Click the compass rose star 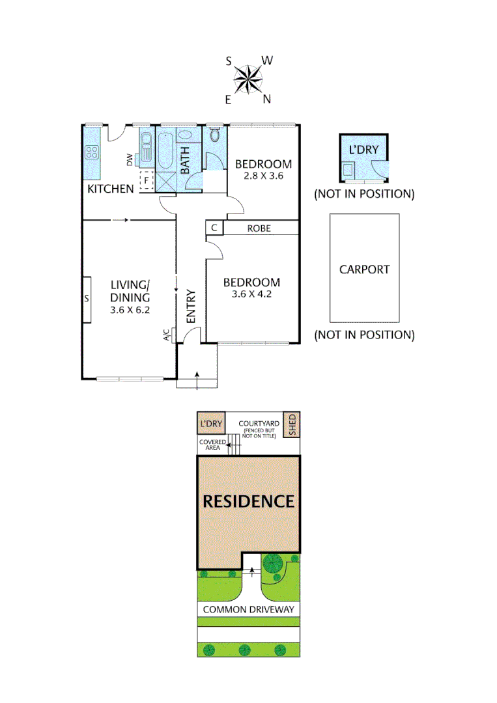coord(248,80)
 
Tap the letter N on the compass coord(266,99)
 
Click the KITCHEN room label coord(111,189)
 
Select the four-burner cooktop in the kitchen coord(92,154)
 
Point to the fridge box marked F coord(147,179)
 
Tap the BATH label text coord(185,159)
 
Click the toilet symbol coord(216,135)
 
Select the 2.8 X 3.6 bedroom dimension coord(263,176)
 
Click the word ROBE coord(259,228)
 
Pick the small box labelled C coord(214,228)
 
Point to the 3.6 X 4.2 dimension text coord(251,294)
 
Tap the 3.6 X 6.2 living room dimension coord(130,310)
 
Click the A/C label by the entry coord(166,335)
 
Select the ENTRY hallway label coord(191,306)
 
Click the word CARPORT coord(364,269)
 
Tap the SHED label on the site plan coord(292,425)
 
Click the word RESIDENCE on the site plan coord(248,501)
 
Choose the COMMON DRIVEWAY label coord(248,610)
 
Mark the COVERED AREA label coord(212,445)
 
